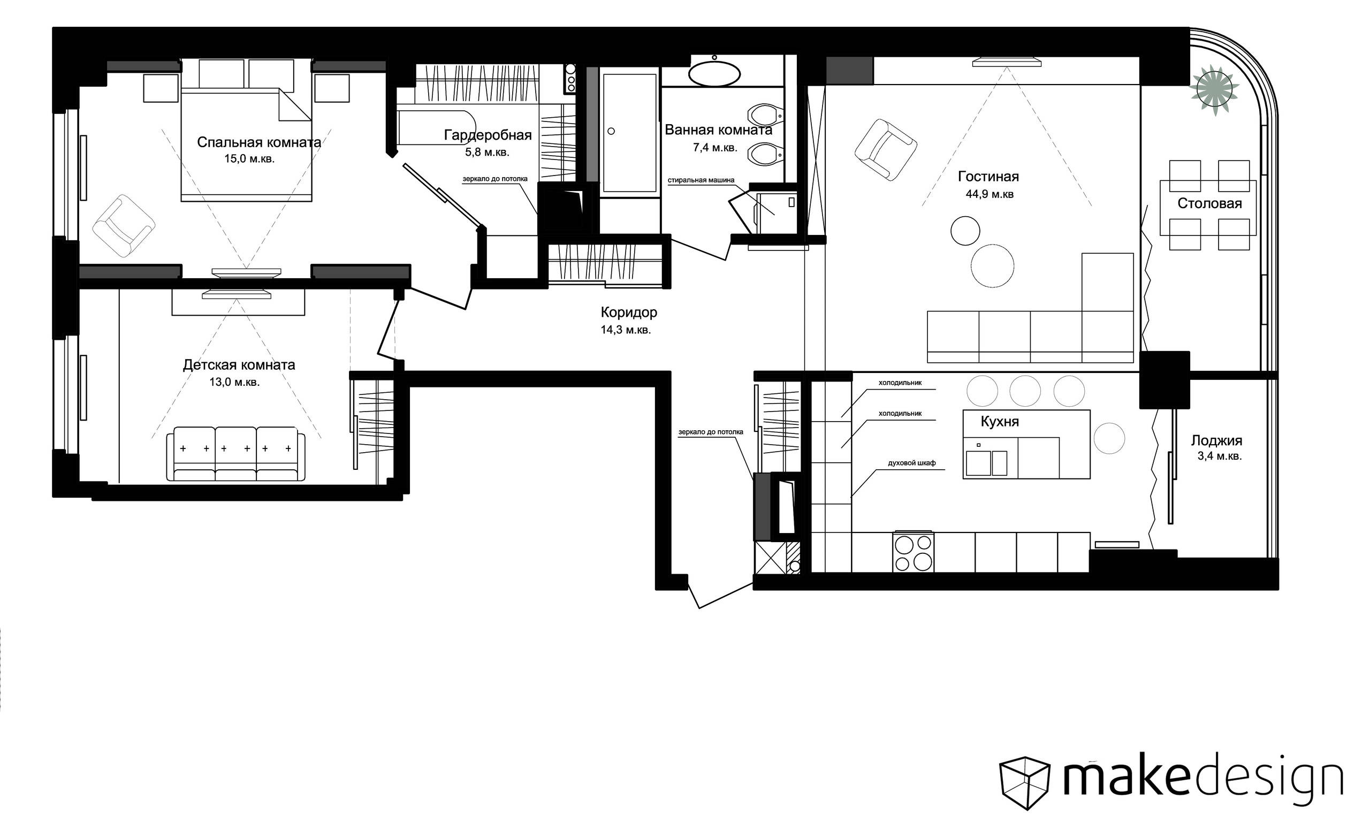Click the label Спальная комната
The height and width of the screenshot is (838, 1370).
259,142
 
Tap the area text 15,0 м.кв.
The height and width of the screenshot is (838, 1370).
249,159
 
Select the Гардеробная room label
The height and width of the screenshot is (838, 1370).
488,135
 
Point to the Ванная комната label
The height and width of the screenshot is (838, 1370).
718,130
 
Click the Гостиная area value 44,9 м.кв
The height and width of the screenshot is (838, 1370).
990,194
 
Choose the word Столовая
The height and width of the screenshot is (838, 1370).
1209,203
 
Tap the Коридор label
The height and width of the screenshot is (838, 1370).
629,313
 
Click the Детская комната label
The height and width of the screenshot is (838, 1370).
239,365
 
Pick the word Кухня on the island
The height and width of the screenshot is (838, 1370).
1000,422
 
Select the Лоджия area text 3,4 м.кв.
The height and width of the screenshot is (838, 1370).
1220,456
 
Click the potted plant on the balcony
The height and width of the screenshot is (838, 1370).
1214,90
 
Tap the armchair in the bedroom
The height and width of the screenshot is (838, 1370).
124,225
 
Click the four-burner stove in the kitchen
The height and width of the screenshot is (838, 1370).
914,552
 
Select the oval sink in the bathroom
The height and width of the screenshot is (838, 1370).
714,73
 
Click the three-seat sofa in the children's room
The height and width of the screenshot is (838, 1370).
236,454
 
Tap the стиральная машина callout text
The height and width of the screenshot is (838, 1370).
701,180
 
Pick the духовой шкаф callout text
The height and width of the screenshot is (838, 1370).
912,463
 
